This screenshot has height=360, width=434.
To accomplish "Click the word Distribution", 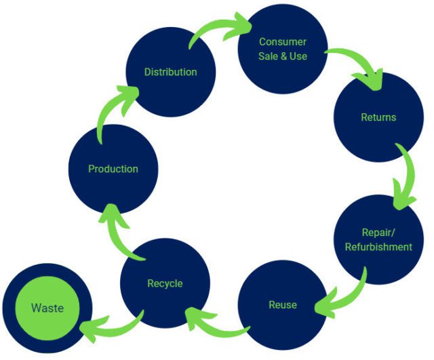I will pos(170,72).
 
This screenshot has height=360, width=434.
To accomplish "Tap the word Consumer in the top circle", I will pos(282,42).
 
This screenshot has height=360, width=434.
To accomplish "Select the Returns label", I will pos(378,117).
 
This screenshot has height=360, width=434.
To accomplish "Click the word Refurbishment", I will pos(378,247).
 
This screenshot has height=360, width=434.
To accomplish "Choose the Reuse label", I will pos(282,304).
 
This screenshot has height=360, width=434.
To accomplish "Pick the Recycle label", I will pos(165,283).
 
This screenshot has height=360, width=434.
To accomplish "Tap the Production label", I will pos(113,169).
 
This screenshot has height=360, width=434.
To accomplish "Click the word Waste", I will pos(47,308).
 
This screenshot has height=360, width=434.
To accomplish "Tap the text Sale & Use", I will pos(282,56).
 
